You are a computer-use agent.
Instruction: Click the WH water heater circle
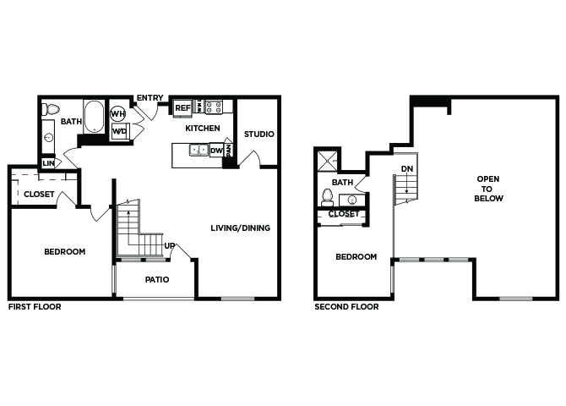[117, 114]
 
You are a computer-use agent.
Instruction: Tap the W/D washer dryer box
[120, 131]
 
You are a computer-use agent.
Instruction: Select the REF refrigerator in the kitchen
[182, 108]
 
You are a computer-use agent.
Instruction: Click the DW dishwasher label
[216, 151]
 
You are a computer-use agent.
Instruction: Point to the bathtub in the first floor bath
[95, 117]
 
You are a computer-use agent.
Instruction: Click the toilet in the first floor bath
[51, 109]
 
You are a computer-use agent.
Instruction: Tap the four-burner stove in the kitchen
[214, 107]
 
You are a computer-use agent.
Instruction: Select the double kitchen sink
[199, 150]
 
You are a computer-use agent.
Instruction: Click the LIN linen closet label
[48, 163]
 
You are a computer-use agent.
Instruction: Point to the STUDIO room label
[259, 134]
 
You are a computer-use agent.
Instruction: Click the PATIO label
[157, 279]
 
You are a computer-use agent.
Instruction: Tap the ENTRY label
[150, 97]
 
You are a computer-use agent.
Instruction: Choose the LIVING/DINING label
[241, 228]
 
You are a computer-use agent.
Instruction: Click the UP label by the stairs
[169, 246]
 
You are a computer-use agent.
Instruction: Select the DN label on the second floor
[407, 169]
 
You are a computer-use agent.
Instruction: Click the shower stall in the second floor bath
[327, 161]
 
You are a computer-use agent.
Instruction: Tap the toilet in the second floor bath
[328, 197]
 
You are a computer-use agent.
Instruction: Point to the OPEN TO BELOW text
[488, 189]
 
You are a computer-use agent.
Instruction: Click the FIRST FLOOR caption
[35, 306]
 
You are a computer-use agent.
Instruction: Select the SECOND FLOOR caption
[346, 306]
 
